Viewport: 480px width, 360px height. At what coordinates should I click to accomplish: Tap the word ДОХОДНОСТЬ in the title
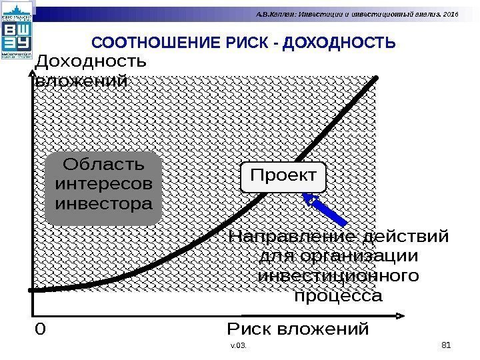tap(339, 44)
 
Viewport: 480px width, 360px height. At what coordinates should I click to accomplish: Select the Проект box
tap(283, 177)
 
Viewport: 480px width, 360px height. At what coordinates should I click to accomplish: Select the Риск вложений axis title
tap(297, 329)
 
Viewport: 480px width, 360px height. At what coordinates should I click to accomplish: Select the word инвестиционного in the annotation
tap(339, 275)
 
